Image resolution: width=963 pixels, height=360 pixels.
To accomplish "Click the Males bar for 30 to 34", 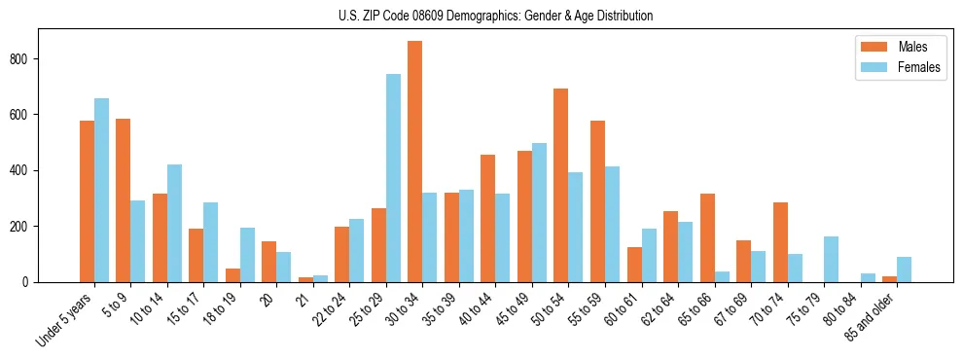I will (415, 162).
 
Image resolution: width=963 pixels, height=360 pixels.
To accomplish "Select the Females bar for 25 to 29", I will (393, 178).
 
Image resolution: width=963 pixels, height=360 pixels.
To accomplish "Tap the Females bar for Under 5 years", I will (101, 190).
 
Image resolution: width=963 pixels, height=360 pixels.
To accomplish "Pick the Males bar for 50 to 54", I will (561, 185).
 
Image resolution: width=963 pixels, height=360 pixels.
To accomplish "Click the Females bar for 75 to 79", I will (831, 259).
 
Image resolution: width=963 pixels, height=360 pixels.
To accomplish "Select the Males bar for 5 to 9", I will (124, 200).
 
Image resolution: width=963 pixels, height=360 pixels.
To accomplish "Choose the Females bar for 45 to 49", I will (539, 212).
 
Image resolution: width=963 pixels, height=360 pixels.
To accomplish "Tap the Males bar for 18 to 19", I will (232, 275).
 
